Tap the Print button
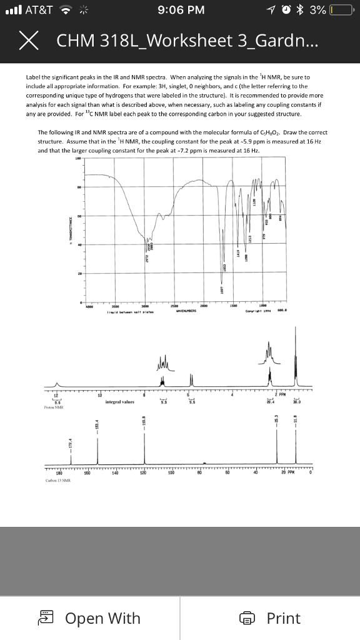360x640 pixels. (273, 618)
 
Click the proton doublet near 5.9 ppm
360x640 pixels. (191, 379)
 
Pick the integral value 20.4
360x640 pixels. (271, 402)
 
